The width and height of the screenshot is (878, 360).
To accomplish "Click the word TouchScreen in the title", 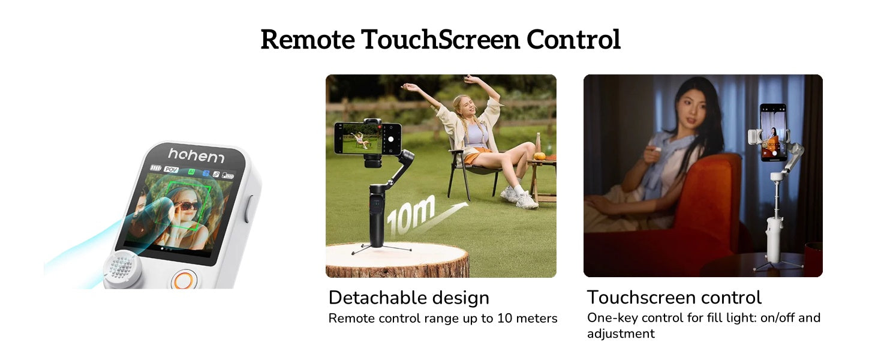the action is tap(441, 40).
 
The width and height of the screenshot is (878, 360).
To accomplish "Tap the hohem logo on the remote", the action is tap(196, 155).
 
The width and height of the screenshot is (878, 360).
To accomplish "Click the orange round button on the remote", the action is tap(183, 280).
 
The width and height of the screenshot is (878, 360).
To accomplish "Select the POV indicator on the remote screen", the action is tap(172, 169).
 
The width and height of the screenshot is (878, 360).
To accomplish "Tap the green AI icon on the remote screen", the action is tap(191, 172).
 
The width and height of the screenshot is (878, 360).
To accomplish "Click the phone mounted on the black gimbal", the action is tap(368, 139).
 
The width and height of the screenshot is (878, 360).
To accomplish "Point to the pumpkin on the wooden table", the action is tap(540, 155).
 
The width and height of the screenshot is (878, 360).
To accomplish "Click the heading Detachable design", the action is tap(409, 298).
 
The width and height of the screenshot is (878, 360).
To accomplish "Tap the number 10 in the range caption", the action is tap(505, 318).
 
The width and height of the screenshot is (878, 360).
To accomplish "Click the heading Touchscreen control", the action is tap(674, 297).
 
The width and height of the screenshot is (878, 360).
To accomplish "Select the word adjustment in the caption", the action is tap(621, 334).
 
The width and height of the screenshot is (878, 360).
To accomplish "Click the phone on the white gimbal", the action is tap(773, 133).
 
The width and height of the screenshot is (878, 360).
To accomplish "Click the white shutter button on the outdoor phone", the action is tap(391, 139).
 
